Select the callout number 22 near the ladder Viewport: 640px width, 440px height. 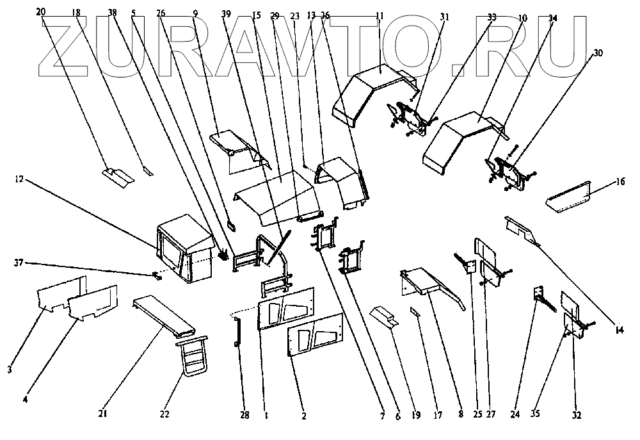164,414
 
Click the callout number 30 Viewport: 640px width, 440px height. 598,54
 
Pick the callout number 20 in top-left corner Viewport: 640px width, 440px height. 42,12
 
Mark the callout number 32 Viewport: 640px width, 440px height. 577,414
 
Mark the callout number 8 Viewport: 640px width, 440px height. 460,414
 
